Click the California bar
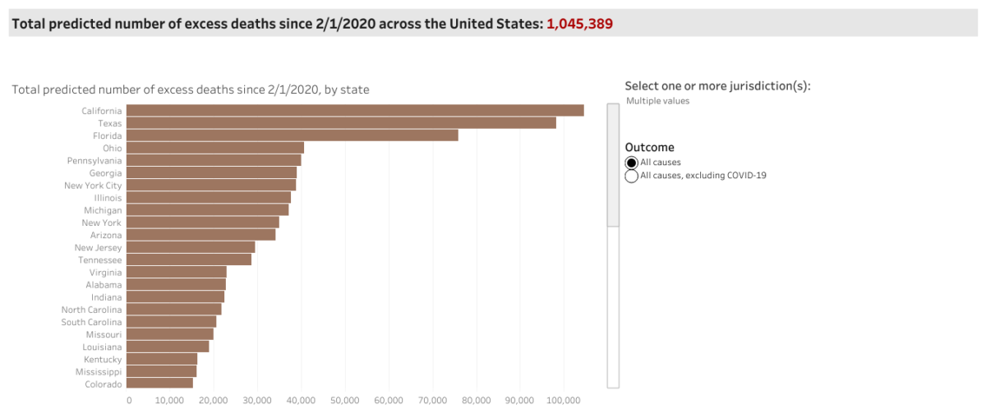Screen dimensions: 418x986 pos(355,111)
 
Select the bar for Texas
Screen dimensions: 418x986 pos(341,123)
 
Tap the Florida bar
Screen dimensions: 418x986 pos(292,136)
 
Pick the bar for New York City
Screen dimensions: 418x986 pos(211,186)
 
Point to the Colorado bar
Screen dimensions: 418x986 pos(159,384)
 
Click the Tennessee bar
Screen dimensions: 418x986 pos(189,260)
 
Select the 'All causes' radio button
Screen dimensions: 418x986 pos(631,163)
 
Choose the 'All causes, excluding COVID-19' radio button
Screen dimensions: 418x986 pos(631,176)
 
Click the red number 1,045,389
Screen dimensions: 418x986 pos(579,24)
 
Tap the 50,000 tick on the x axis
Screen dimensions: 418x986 pos(345,401)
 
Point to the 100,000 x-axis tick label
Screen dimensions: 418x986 pos(564,401)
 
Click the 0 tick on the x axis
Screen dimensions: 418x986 pos(129,401)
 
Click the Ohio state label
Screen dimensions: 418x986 pos(112,148)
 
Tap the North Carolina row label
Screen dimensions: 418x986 pos(92,310)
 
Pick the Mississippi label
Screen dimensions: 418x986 pos(100,371)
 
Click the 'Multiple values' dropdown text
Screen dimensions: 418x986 pos(657,101)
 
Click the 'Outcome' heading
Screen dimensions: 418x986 pos(649,147)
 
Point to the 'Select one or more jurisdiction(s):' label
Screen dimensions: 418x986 pos(717,86)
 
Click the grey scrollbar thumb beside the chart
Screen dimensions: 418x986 pos(613,164)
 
